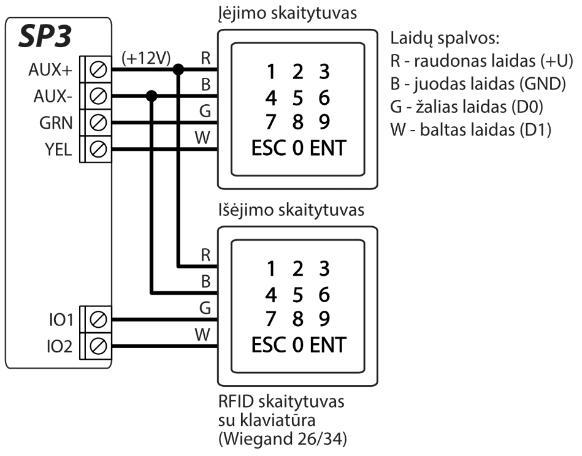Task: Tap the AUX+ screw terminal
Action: [x=99, y=70]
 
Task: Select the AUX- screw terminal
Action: [x=99, y=96]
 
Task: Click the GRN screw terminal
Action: [x=99, y=122]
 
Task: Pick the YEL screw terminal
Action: [x=99, y=148]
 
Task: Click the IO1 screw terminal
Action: [x=99, y=319]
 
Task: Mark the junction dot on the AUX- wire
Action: [x=152, y=96]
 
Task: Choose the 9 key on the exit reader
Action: [x=324, y=319]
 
